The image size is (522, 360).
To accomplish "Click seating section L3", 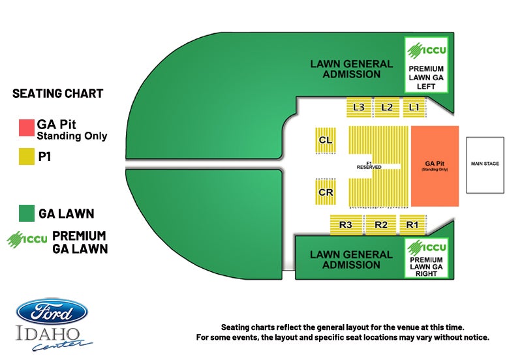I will tap(358, 107).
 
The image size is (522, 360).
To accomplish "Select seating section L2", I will tap(386, 107).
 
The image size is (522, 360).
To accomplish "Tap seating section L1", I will tap(414, 107).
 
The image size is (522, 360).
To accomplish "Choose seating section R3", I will tap(346, 225).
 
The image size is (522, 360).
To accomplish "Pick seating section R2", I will tap(381, 225).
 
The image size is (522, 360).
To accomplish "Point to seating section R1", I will tap(412, 225).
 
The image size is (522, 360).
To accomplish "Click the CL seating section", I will tap(326, 140).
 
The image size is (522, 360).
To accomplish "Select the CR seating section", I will tap(326, 192).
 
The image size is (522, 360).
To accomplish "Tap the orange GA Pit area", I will tap(435, 166).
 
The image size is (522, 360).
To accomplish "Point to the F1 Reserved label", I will tap(369, 165).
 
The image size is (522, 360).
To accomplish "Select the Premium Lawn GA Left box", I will tap(426, 64).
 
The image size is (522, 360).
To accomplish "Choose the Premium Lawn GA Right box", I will tap(426, 258).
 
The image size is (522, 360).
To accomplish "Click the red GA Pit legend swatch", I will tap(26, 127).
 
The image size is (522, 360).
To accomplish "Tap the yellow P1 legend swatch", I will tap(26, 156).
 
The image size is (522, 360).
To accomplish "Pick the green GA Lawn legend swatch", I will tap(26, 213).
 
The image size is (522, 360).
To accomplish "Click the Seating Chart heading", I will tap(58, 93).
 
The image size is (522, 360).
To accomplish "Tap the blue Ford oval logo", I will tap(52, 312).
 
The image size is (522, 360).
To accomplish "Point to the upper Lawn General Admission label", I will tap(352, 69).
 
